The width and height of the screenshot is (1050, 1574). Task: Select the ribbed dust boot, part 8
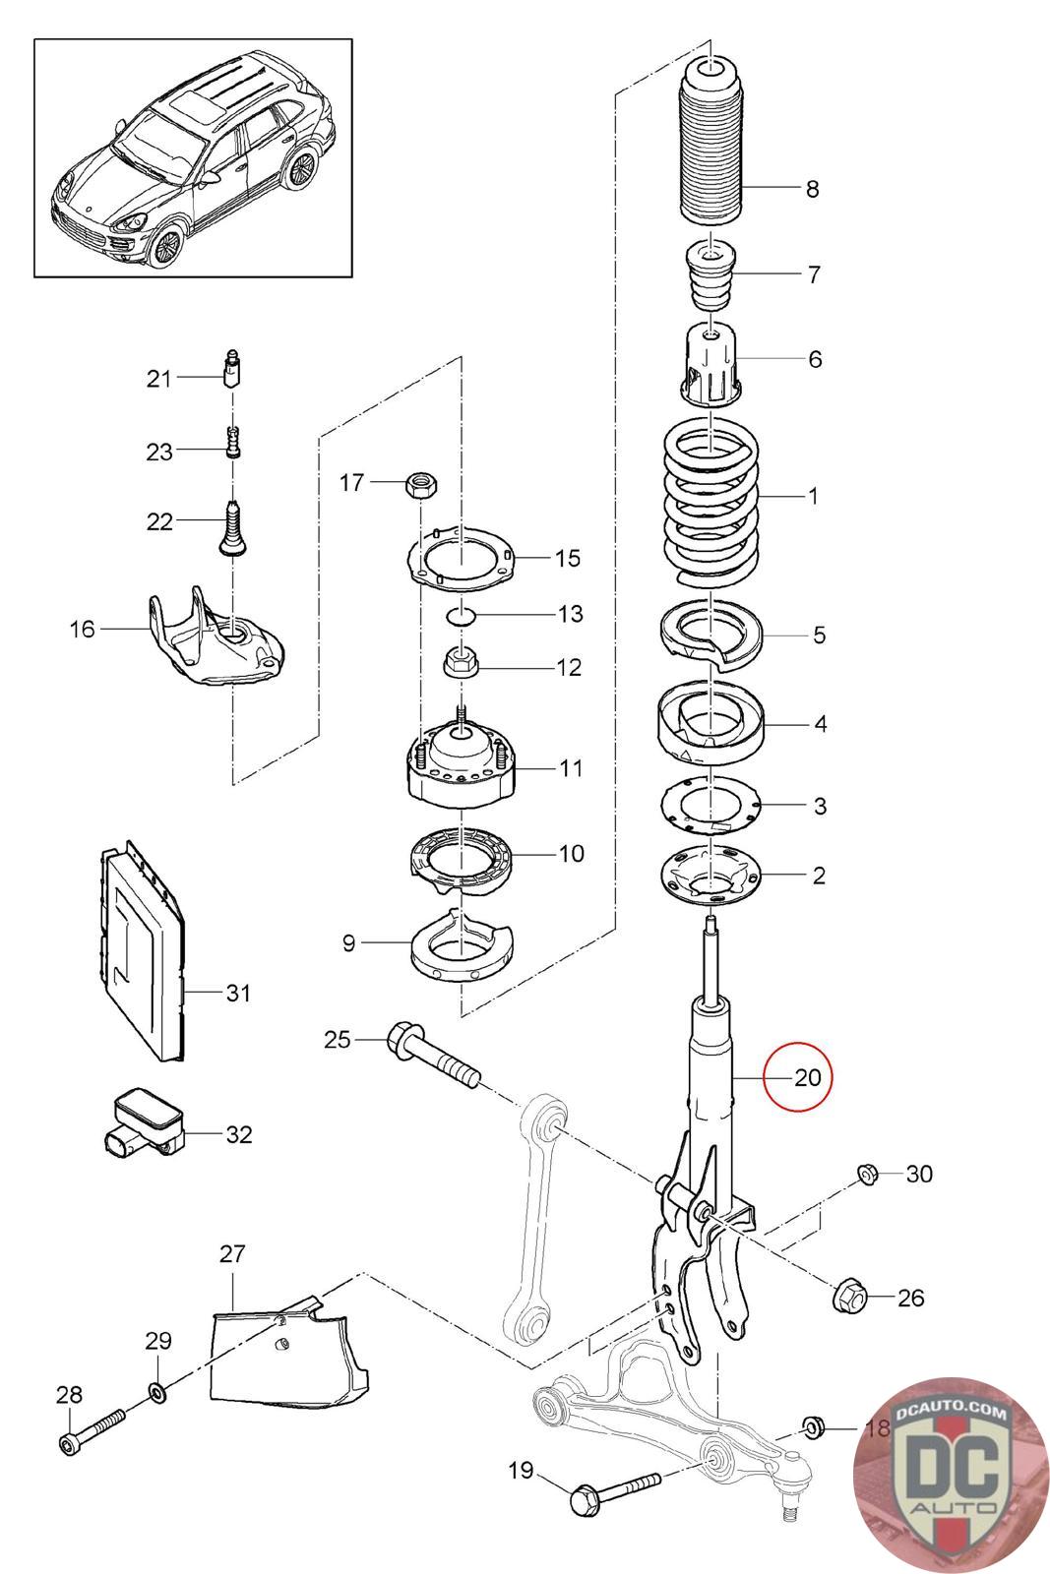tap(710, 148)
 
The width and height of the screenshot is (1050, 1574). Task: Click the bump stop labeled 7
tap(710, 272)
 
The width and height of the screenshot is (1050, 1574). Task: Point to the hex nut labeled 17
tap(420, 483)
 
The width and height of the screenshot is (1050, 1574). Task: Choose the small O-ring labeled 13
tap(461, 616)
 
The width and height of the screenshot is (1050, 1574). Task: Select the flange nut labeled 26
tap(848, 1297)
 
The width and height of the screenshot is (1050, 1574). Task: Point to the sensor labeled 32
tap(144, 1121)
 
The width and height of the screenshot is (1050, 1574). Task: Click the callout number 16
tap(83, 628)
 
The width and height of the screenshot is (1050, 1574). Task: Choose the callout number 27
tap(232, 1254)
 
